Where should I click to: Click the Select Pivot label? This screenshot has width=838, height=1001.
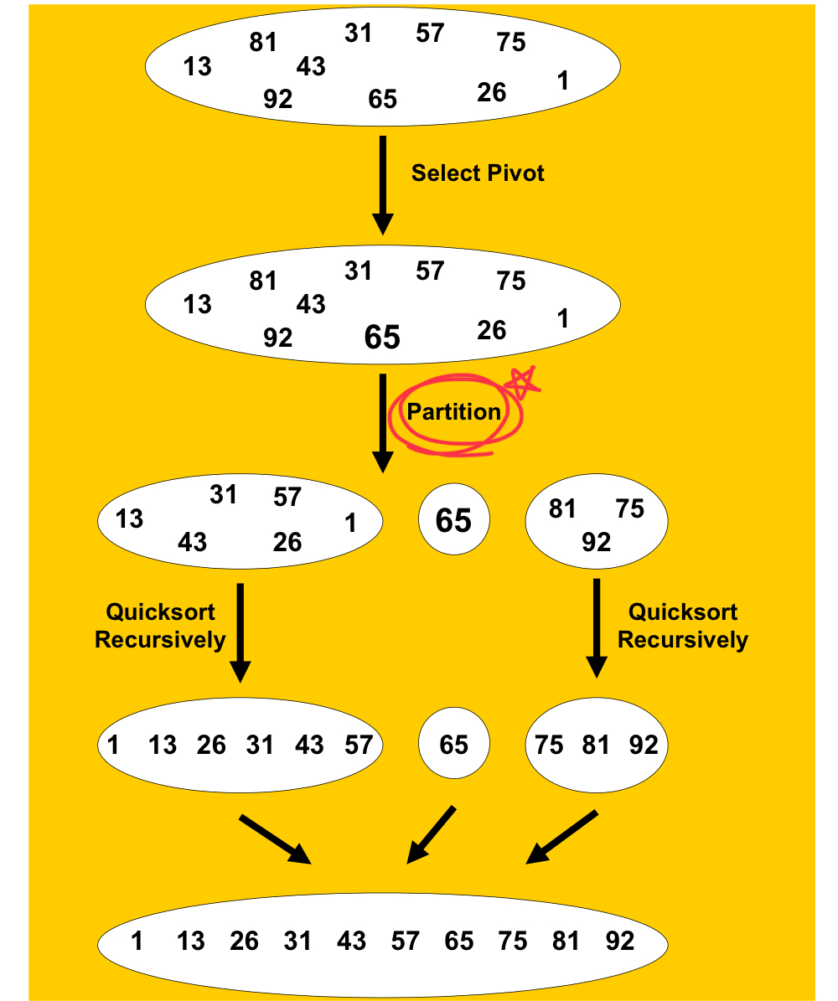coord(478,173)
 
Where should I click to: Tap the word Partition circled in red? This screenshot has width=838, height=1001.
coord(453,411)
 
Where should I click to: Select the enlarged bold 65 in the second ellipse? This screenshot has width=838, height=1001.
coord(382,338)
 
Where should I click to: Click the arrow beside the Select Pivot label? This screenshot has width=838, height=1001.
coord(383,184)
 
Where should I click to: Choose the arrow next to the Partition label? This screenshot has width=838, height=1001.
coord(383,423)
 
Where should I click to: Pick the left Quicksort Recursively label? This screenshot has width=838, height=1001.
coord(160,625)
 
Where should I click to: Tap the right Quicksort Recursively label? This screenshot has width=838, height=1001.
coord(682,625)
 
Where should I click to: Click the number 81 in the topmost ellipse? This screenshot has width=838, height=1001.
coord(263,42)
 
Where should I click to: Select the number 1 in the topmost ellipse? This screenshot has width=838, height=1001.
coord(563,80)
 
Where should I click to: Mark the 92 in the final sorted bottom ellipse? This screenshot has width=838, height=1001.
coord(620,942)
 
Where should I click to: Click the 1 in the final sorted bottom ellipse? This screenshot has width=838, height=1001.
coord(137,942)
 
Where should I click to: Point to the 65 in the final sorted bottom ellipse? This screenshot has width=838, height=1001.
coord(459,942)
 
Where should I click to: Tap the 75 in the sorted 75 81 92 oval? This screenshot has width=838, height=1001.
coord(549,745)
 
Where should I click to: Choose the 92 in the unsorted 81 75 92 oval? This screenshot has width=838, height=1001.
coord(597,543)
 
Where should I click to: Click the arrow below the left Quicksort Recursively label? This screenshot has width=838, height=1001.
coord(241,632)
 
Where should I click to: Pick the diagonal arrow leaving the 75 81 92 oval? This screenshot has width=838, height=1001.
coord(561,836)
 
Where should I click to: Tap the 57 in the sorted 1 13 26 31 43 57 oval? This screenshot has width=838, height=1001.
coord(359,745)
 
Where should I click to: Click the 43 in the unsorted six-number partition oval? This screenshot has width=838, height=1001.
coord(192,543)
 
